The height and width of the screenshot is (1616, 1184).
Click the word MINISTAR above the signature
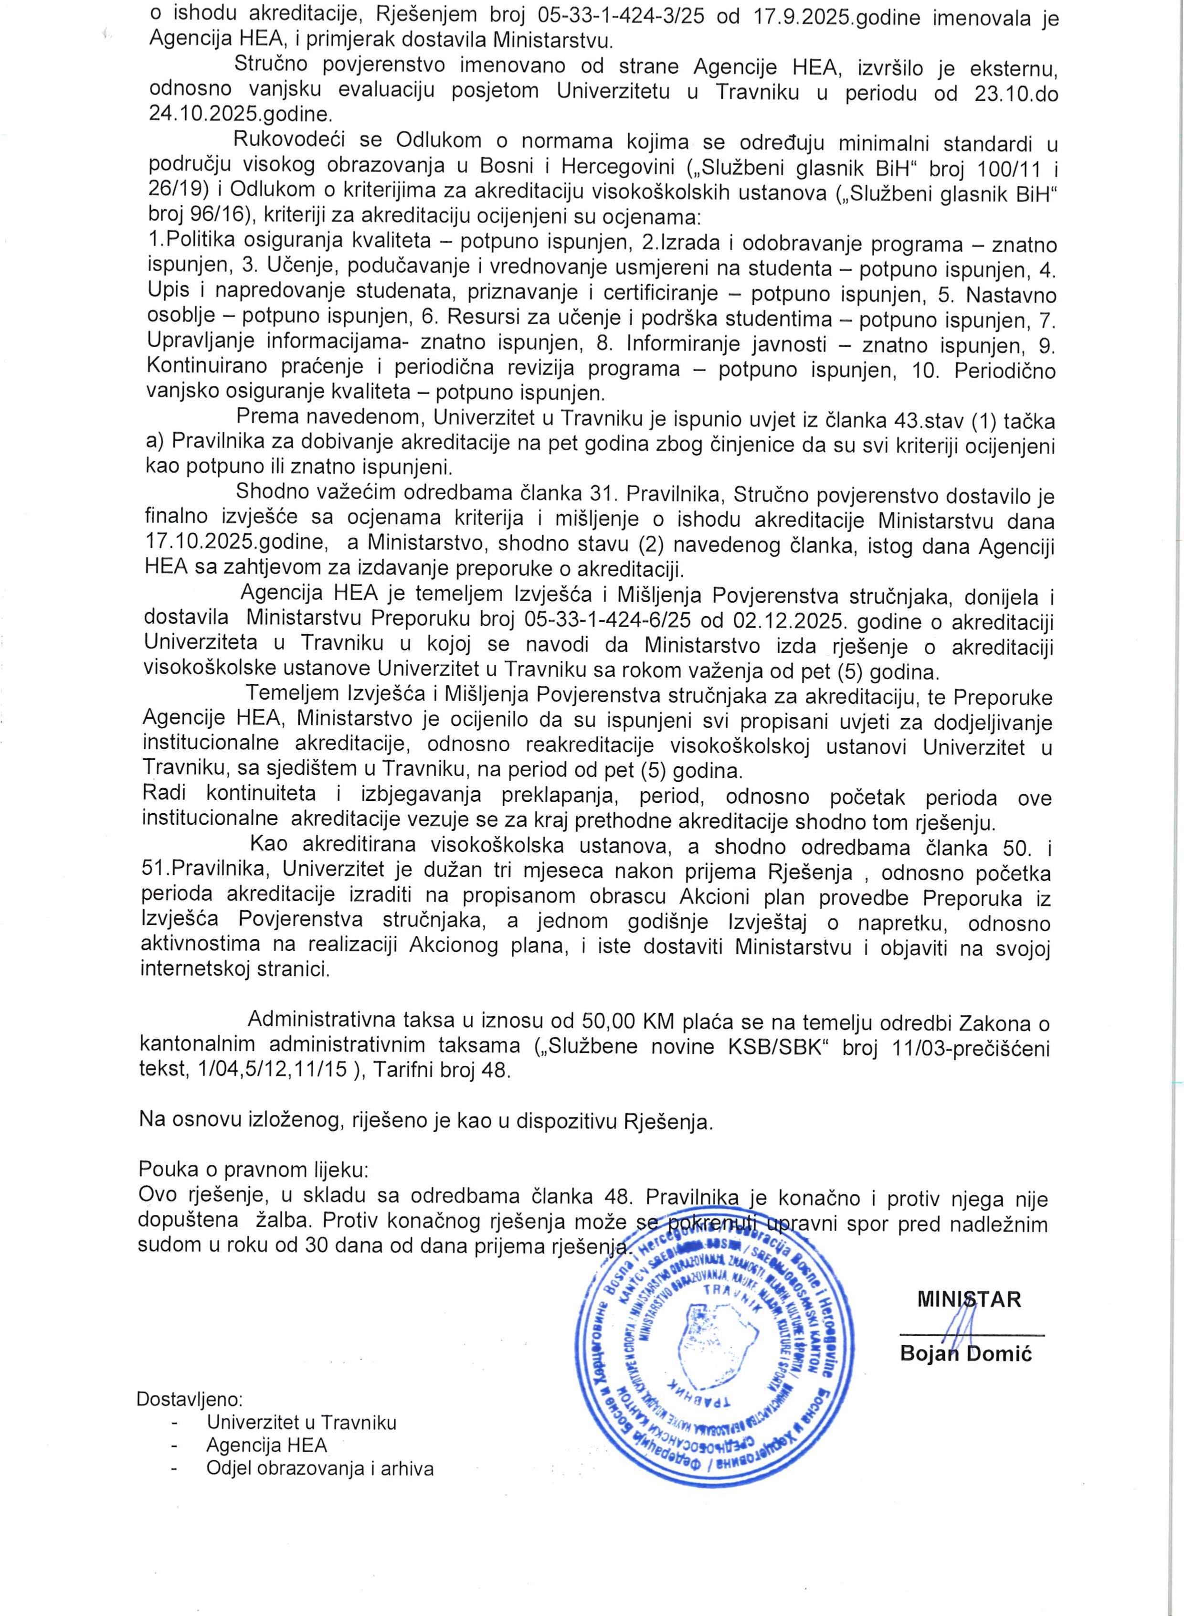pyautogui.click(x=970, y=1299)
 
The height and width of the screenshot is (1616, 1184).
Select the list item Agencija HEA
pyautogui.click(x=266, y=1445)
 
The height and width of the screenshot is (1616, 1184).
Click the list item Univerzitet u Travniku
pyautogui.click(x=301, y=1422)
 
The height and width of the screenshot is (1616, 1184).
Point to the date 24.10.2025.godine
pyautogui.click(x=239, y=114)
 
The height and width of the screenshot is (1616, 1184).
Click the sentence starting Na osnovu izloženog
pyautogui.click(x=426, y=1121)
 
